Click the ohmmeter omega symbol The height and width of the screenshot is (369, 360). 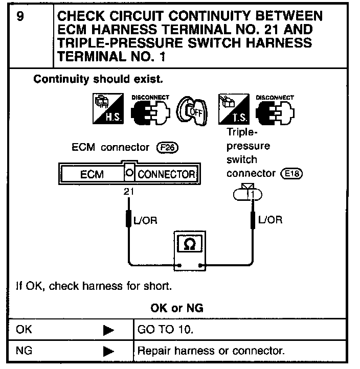point(188,244)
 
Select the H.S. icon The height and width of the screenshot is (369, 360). point(106,109)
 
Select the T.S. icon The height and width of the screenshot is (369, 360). point(234,109)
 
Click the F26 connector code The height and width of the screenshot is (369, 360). point(169,148)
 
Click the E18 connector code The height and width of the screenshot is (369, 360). point(292,173)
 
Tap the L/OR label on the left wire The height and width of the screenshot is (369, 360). point(145,220)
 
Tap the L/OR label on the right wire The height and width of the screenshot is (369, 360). point(269,220)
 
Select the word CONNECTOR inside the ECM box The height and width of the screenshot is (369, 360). point(166,174)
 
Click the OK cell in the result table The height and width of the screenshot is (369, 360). point(24,330)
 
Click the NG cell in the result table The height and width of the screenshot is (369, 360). point(23,352)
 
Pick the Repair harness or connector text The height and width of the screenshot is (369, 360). point(211,352)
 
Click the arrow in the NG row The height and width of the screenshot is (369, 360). point(108,352)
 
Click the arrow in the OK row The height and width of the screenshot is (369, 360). point(108,330)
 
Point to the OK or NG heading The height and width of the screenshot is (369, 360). point(177,308)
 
